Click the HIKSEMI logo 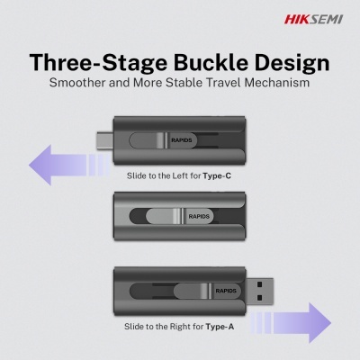313,20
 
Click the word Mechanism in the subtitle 277,83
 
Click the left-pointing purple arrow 69,165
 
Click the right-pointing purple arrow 291,323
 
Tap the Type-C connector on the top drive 104,140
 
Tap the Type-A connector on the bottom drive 260,291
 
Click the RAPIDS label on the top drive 182,140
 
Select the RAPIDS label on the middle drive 199,216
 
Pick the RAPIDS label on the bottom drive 226,291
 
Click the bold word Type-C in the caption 217,175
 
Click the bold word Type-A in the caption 220,327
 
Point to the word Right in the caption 179,327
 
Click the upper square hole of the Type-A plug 260,283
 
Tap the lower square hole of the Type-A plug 260,298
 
